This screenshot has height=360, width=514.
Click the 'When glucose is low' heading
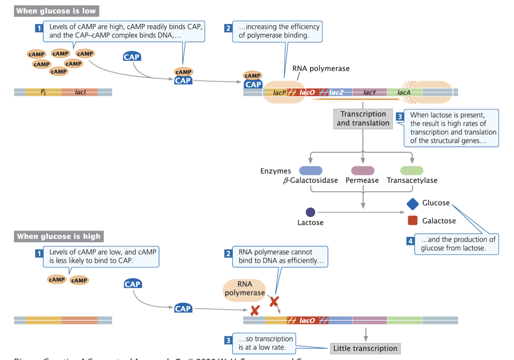pyautogui.click(x=56, y=11)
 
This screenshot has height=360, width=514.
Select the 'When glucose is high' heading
pyautogui.click(x=59, y=236)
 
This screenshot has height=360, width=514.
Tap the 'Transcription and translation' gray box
pyautogui.click(x=363, y=119)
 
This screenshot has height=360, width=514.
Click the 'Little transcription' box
pyautogui.click(x=365, y=348)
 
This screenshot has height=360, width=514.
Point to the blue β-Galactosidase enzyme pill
pyautogui.click(x=310, y=171)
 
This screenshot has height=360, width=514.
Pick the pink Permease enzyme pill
pyautogui.click(x=363, y=171)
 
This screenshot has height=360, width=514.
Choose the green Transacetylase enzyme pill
pyautogui.click(x=412, y=171)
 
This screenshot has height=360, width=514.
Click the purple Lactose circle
pyautogui.click(x=310, y=212)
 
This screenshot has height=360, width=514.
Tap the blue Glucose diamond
pyautogui.click(x=413, y=204)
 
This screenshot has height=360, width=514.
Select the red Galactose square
pyautogui.click(x=413, y=221)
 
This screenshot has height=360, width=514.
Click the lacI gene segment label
pyautogui.click(x=80, y=92)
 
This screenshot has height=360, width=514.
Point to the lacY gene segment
pyautogui.click(x=370, y=92)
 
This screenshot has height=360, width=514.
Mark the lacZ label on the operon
pyautogui.click(x=336, y=92)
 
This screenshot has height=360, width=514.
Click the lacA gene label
pyautogui.click(x=404, y=93)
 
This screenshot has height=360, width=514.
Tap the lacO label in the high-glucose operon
pyautogui.click(x=307, y=320)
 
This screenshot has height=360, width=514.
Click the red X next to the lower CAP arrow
pyautogui.click(x=255, y=311)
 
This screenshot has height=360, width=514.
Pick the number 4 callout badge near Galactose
pyautogui.click(x=410, y=241)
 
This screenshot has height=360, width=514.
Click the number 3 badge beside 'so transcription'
pyautogui.click(x=228, y=340)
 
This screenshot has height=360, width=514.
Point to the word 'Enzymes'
pyautogui.click(x=276, y=171)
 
